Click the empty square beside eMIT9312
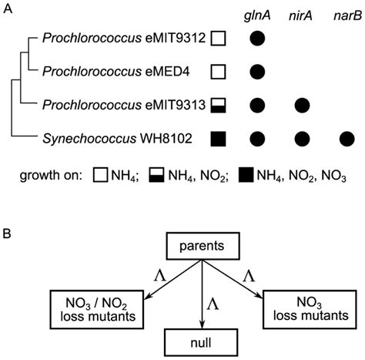tap(219, 38)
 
